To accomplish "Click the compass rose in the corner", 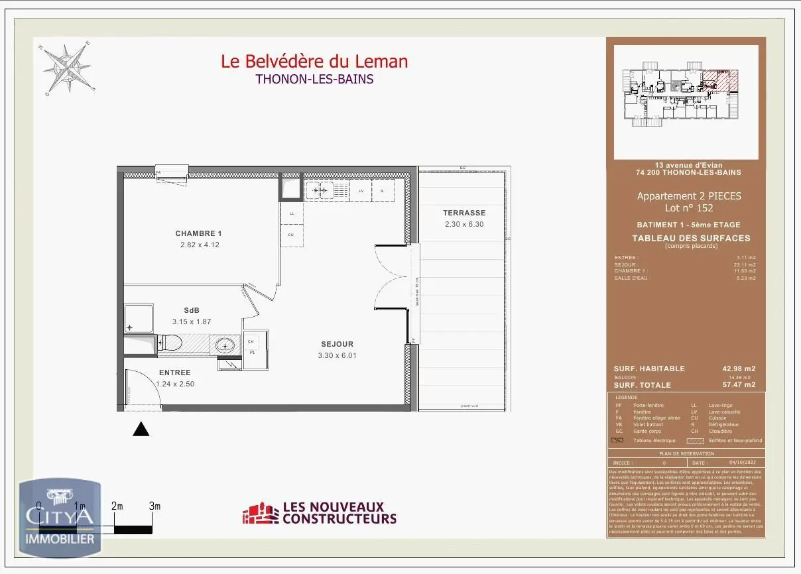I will tap(67, 68).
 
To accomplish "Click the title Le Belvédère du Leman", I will tap(314, 62).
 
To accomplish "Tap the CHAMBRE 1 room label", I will tap(198, 233).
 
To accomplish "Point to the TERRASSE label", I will tap(464, 213).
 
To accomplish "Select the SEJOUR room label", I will tap(337, 344).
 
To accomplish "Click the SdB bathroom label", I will tap(192, 310).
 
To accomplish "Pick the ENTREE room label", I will tap(174, 373).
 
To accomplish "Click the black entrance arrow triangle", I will tap(141, 430).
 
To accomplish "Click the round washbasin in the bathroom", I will tap(225, 345).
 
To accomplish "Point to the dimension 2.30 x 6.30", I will tap(464, 224).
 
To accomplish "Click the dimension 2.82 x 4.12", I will tap(199, 245).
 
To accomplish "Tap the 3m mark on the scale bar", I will tap(154, 506).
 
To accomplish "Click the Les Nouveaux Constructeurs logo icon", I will tap(260, 514).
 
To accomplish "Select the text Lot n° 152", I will tap(689, 207).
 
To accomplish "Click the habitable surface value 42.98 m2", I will tap(738, 369).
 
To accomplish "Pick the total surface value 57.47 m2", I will tap(738, 384).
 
